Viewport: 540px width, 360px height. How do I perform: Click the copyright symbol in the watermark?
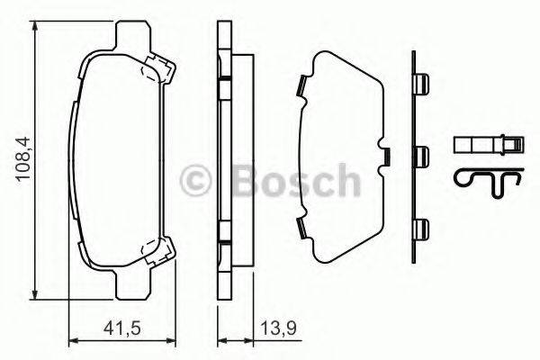tap(195, 180)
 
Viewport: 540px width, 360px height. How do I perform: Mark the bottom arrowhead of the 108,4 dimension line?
tap(35, 296)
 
